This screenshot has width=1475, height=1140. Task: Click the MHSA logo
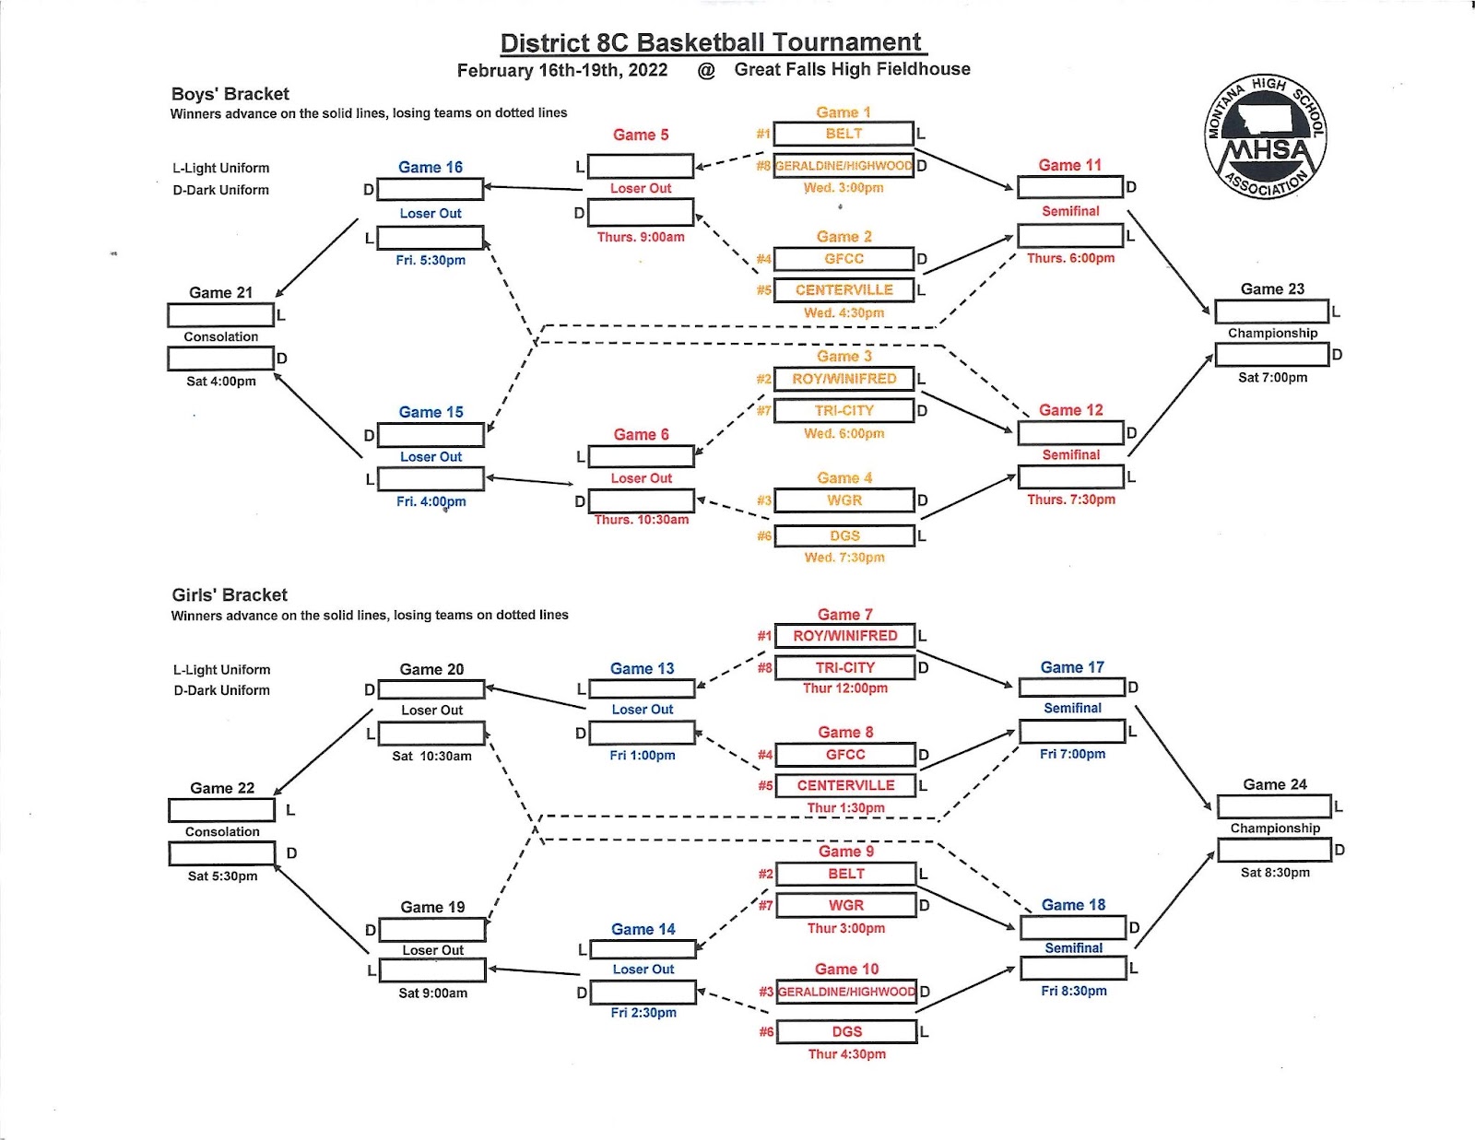[x=1266, y=137]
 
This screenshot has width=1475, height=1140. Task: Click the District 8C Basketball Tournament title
[x=711, y=42]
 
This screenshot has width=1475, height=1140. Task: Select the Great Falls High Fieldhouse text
[x=852, y=69]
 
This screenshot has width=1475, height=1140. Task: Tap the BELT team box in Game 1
[x=844, y=134]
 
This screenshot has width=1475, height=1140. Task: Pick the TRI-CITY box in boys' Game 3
[x=844, y=410]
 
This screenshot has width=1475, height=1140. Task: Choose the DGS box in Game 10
[x=846, y=1031]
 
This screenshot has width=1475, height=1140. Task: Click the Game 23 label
[x=1272, y=288]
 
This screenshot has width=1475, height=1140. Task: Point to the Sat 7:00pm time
[x=1272, y=377]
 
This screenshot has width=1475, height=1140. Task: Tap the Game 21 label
[x=220, y=292]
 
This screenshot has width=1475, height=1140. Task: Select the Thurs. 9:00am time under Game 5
[x=641, y=237]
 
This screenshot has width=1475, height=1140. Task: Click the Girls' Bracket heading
[x=230, y=594]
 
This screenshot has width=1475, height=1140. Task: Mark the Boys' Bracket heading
[x=230, y=94]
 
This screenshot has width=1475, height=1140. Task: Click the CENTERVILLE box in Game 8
[x=845, y=785]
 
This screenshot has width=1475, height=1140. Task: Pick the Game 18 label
[x=1073, y=905]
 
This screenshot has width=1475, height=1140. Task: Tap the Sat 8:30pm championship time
[x=1275, y=873]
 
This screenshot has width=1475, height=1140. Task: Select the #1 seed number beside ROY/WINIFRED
[x=764, y=636]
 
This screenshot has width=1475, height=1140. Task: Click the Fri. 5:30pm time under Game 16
[x=431, y=260]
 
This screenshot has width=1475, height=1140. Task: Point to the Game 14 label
[x=643, y=929]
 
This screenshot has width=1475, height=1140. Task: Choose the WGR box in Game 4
[x=844, y=500]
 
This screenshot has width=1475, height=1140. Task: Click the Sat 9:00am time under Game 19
[x=432, y=993]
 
